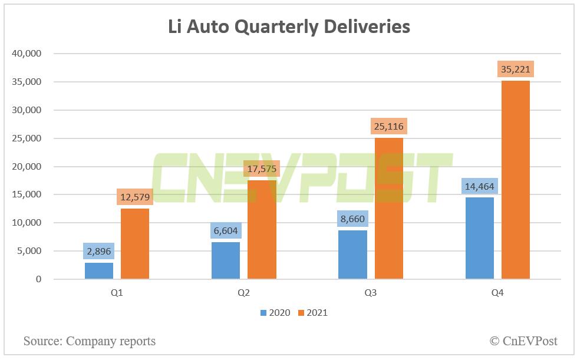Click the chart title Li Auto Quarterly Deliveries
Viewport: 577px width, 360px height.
click(288, 27)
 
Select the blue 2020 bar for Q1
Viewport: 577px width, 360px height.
click(98, 270)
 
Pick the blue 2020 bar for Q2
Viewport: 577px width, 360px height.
click(226, 260)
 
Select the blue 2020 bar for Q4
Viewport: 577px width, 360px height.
click(480, 238)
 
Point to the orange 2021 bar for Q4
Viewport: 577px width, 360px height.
click(516, 180)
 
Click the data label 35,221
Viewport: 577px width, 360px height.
click(516, 70)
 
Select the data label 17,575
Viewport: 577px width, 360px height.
click(262, 169)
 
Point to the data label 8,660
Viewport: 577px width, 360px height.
click(352, 219)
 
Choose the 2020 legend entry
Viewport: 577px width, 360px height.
click(275, 313)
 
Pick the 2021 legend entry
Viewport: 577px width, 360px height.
click(312, 313)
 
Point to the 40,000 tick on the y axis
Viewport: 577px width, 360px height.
click(27, 54)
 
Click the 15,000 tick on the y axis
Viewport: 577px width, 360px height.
click(27, 194)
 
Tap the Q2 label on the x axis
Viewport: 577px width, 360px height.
click(243, 293)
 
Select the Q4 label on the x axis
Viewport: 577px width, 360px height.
click(498, 293)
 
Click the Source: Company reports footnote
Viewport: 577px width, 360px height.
click(90, 341)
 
